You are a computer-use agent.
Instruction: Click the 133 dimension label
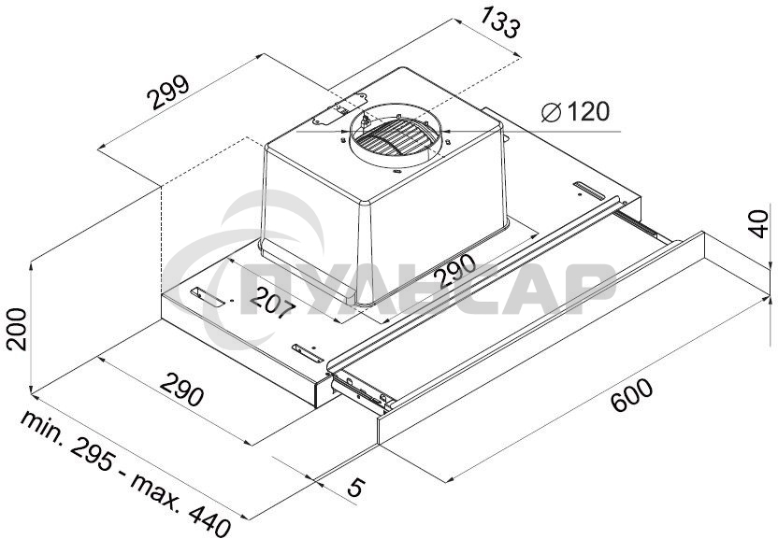[x=499, y=22]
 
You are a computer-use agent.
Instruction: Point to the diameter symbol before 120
[x=551, y=112]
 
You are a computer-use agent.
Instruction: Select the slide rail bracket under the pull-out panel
[x=360, y=387]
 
